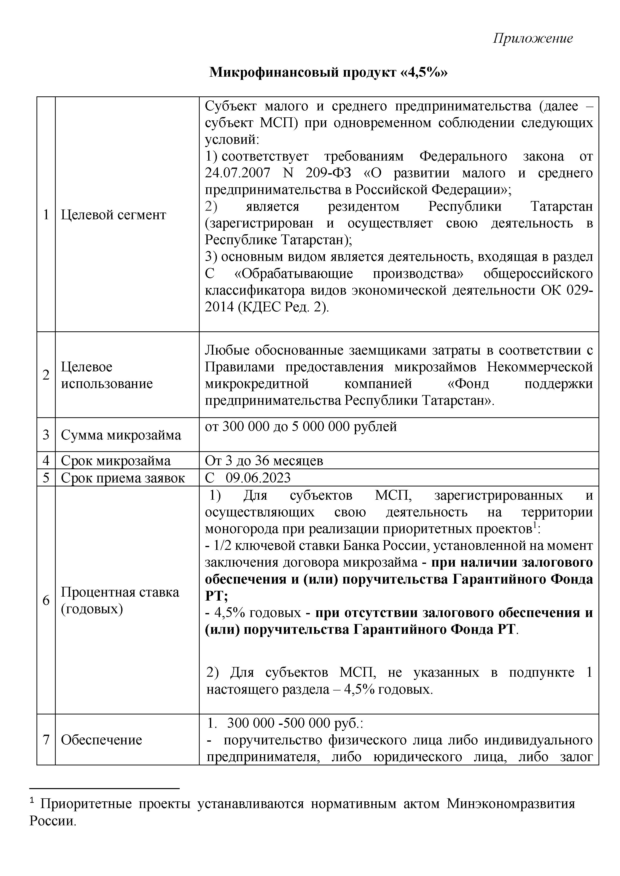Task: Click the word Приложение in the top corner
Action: (x=533, y=38)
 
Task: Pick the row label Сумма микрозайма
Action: (x=121, y=435)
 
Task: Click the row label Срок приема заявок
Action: (x=122, y=478)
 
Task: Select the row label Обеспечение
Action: (x=101, y=740)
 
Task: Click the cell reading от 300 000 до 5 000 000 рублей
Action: (x=301, y=426)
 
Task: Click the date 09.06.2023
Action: (x=258, y=478)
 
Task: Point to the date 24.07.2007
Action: (x=237, y=173)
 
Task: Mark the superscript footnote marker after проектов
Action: (x=535, y=526)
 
